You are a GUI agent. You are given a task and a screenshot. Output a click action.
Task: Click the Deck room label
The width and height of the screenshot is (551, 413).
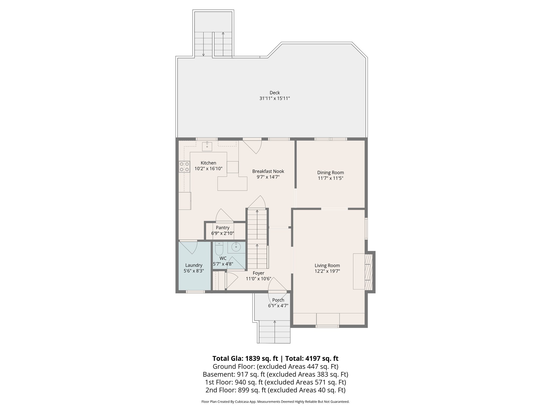(275, 93)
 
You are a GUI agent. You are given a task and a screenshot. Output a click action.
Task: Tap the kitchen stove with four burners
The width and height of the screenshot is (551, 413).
(184, 166)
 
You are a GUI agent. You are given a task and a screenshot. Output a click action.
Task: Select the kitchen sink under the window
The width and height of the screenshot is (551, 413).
(207, 147)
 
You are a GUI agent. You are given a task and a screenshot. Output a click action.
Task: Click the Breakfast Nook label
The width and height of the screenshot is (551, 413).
(268, 171)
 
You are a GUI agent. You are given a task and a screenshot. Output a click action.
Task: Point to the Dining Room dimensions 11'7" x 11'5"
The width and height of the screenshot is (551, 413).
(330, 178)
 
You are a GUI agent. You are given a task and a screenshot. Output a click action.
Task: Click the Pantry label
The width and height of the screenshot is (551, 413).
(222, 228)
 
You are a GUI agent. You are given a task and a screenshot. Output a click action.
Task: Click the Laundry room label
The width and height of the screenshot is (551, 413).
(194, 265)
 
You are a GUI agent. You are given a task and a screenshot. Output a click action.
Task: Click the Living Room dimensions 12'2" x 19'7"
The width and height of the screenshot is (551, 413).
(327, 271)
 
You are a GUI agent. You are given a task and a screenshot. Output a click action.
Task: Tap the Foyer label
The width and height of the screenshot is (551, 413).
(258, 273)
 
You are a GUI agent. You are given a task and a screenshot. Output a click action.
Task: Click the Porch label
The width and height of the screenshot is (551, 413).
(278, 300)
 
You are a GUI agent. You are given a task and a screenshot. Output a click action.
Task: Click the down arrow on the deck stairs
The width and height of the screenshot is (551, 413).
(203, 55)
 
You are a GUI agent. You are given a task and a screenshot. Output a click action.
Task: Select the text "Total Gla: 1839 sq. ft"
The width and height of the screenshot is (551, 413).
(245, 358)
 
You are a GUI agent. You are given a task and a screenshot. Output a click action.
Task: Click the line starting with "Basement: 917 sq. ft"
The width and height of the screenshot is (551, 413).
(275, 374)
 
